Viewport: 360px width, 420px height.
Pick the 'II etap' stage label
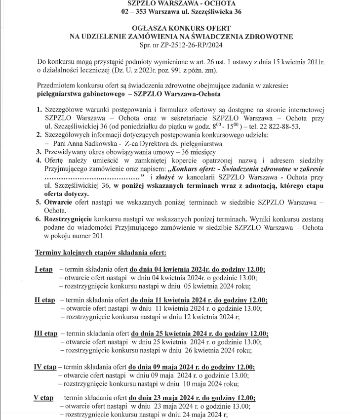point(44,300)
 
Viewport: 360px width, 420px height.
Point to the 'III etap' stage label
point(45,334)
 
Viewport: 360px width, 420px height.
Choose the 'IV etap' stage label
point(45,367)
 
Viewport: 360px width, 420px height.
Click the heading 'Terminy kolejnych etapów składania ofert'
point(101,252)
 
